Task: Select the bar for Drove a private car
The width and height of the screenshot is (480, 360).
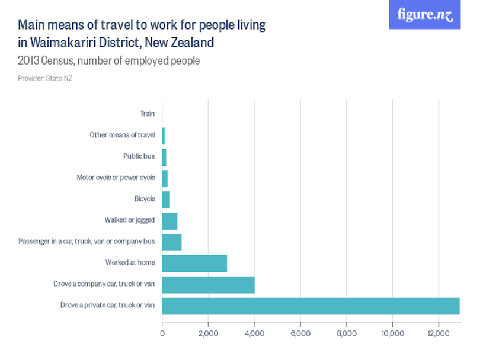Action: click(311, 306)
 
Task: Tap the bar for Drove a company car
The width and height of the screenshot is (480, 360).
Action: click(208, 284)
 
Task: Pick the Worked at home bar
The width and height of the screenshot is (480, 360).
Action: click(194, 263)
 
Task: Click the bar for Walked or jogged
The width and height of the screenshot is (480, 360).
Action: click(169, 220)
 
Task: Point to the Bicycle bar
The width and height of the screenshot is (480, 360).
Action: click(166, 199)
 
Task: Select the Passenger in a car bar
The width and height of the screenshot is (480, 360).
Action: click(172, 242)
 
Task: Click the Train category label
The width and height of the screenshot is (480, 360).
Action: click(147, 114)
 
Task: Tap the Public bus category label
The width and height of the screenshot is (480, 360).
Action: click(139, 156)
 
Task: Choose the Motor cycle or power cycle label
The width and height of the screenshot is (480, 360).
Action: click(116, 178)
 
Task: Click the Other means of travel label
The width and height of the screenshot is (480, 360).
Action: click(122, 135)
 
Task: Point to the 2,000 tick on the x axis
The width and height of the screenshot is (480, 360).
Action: click(208, 333)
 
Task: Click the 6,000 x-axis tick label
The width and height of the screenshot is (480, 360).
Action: click(300, 333)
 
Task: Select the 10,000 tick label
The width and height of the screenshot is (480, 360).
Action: click(392, 333)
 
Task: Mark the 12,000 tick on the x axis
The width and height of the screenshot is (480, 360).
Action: click(439, 333)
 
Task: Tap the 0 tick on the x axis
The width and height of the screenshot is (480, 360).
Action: click(162, 333)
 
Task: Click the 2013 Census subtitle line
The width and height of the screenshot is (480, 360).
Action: click(108, 60)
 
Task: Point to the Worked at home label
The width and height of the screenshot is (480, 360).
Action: click(130, 263)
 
